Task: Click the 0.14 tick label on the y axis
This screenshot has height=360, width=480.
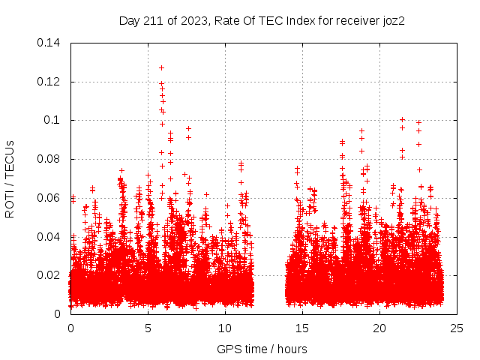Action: coord(49,43)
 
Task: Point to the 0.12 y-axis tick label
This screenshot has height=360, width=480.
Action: coord(49,82)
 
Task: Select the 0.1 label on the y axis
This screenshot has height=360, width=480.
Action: coord(52,120)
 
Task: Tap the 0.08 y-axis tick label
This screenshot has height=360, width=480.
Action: coord(49,159)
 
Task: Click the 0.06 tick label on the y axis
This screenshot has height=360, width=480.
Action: coord(49,198)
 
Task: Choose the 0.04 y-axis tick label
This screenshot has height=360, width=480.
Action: coord(49,236)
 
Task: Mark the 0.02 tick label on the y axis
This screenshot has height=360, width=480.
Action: coord(49,275)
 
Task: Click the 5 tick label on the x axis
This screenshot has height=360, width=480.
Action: coord(148,328)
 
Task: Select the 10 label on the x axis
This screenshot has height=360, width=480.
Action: coord(226,328)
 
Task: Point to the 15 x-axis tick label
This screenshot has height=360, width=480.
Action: coord(303,328)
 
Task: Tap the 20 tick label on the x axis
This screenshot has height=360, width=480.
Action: coord(380,328)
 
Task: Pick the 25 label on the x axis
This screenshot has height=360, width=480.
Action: coord(457,328)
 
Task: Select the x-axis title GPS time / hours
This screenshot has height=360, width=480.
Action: coord(262,349)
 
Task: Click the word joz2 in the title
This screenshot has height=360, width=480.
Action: coord(393,20)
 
